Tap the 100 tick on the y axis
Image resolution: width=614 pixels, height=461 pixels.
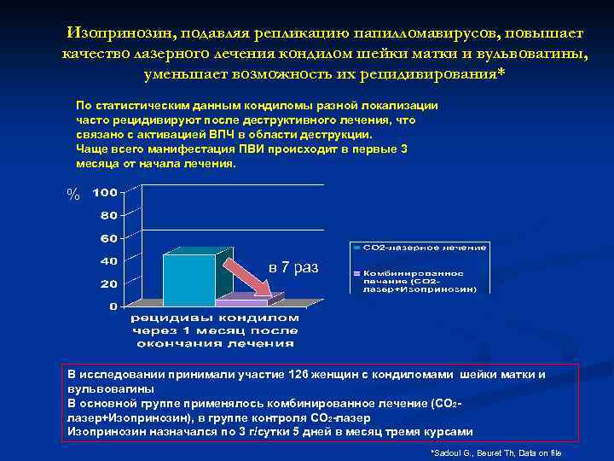105,193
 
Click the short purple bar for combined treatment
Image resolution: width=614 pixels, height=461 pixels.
241,302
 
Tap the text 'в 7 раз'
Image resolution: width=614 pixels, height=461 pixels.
293,268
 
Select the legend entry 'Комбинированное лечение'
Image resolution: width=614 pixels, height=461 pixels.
418,281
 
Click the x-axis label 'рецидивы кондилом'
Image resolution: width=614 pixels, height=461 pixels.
214,318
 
